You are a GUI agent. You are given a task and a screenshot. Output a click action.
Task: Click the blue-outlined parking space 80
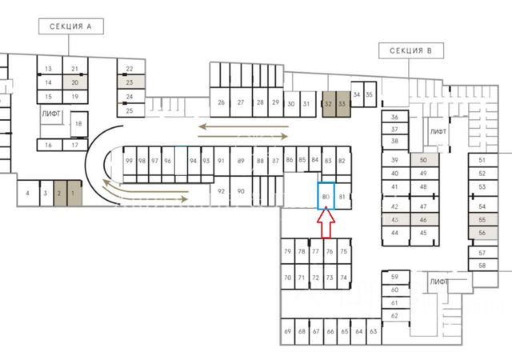[x=325, y=196]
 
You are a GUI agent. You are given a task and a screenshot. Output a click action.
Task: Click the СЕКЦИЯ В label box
[x=410, y=51]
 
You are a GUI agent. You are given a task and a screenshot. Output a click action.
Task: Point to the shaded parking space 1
[x=73, y=193]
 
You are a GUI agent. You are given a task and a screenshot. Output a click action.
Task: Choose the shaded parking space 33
[x=342, y=104]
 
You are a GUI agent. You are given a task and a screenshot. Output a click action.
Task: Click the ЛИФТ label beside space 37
[x=438, y=131]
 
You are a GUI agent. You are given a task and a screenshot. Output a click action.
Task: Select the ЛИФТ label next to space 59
[x=438, y=282]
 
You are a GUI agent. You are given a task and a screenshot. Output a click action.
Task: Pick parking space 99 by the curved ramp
[x=129, y=161]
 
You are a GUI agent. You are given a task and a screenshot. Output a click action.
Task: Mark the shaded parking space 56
[x=482, y=232]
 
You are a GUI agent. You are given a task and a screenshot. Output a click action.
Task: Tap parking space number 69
[x=288, y=331]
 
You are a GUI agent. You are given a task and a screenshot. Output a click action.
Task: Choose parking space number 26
[x=221, y=103]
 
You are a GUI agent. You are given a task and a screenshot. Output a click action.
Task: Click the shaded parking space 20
[x=74, y=82]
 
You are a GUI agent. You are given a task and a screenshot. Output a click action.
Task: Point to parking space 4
[x=27, y=193]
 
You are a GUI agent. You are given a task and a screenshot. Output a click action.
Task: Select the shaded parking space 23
[x=130, y=82]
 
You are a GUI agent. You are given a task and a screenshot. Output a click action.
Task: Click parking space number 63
[x=373, y=331]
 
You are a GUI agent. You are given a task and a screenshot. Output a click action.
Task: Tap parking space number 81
[x=342, y=196]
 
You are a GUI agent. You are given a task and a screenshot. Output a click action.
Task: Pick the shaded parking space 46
[x=424, y=219]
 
